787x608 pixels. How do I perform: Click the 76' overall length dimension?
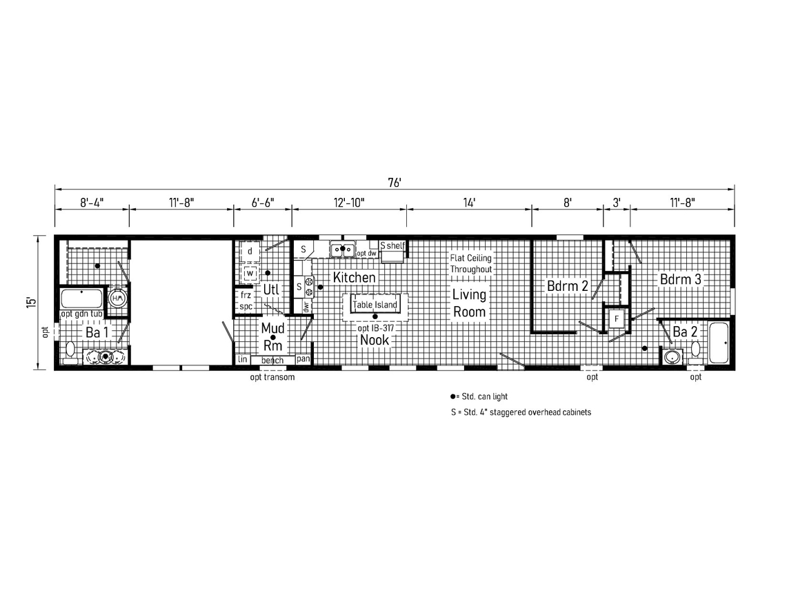395,183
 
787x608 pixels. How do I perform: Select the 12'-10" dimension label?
349,203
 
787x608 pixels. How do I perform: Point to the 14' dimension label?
469,203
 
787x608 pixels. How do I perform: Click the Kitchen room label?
355,277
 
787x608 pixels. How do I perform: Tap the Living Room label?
469,303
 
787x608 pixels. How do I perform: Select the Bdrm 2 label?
567,286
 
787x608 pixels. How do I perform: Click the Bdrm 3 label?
680,279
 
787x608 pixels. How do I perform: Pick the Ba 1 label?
97,332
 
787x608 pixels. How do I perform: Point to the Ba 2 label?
685,332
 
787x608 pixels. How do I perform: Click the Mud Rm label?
273,336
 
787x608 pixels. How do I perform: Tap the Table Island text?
375,305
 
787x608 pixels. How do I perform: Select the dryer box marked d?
250,252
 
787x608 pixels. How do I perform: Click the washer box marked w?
250,274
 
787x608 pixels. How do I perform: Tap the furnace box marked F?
617,319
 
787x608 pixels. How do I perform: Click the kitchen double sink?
342,249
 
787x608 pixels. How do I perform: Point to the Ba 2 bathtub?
719,343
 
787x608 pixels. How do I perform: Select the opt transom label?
272,377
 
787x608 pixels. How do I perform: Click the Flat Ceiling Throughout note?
471,264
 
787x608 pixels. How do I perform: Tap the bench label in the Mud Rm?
272,361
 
